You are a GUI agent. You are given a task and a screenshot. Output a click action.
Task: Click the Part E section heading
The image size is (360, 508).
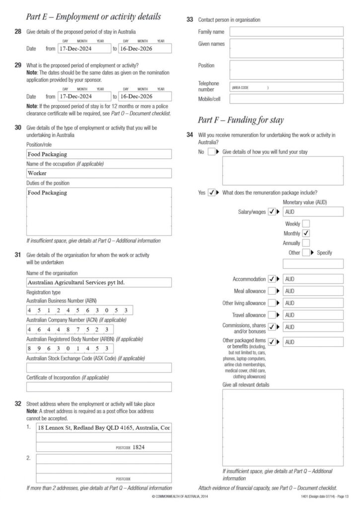pyautogui.click(x=94, y=17)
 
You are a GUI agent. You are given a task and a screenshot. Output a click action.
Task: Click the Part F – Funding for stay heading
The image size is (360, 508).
pyautogui.click(x=241, y=120)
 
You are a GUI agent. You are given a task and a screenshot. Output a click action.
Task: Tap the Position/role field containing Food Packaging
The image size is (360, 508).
pyautogui.click(x=99, y=154)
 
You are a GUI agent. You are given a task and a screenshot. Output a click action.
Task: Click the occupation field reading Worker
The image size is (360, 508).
pyautogui.click(x=99, y=173)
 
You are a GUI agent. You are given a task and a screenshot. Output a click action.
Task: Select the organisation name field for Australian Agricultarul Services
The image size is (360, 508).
pyautogui.click(x=99, y=282)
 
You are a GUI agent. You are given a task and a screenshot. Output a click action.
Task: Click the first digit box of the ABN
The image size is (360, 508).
pyautogui.click(x=30, y=311)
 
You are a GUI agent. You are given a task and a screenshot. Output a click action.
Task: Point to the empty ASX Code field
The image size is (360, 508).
pyautogui.click(x=99, y=368)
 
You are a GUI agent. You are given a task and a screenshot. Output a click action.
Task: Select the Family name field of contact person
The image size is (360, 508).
pyautogui.click(x=286, y=32)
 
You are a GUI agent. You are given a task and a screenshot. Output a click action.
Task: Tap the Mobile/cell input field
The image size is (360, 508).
pyautogui.click(x=286, y=99)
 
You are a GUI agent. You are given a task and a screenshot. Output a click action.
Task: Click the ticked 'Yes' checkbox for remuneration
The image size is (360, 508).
pyautogui.click(x=212, y=192)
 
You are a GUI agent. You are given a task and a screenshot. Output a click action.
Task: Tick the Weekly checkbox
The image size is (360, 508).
pyautogui.click(x=306, y=224)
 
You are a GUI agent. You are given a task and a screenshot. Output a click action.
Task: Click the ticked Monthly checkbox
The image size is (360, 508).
pyautogui.click(x=306, y=233)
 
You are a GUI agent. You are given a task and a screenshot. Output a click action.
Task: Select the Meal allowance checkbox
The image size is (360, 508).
pyautogui.click(x=272, y=291)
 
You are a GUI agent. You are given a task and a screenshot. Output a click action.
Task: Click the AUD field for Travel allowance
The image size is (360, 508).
pyautogui.click(x=313, y=315)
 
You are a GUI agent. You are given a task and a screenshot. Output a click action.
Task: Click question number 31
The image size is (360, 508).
pyautogui.click(x=18, y=255)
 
